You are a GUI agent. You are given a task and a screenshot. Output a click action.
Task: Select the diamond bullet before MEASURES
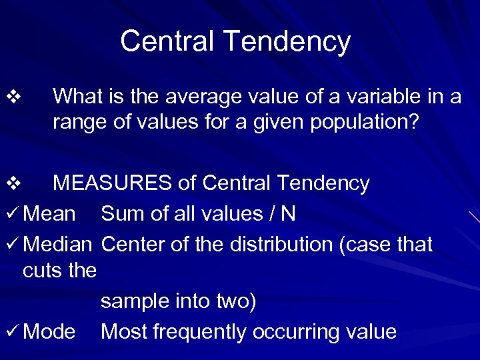pos(16,183)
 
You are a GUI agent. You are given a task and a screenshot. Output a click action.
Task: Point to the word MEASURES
pos(113,183)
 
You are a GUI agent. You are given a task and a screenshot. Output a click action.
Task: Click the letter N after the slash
pos(288,214)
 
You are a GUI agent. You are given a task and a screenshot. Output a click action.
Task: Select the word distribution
pos(281,245)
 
